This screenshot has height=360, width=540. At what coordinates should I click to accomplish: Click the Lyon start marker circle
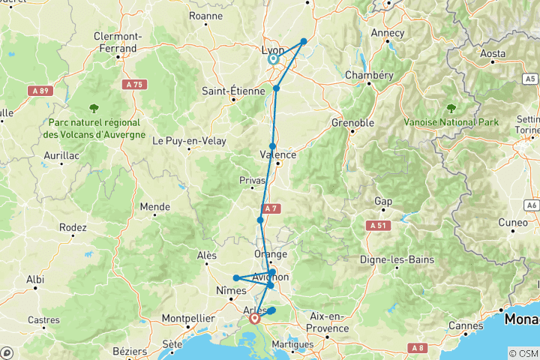click(273, 58)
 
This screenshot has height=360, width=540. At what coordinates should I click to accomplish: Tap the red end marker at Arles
click(256, 318)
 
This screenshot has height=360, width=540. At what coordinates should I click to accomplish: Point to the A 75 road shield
click(133, 85)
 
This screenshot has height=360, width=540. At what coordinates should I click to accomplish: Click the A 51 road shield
click(377, 225)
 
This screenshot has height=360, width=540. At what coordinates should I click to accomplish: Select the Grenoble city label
click(353, 123)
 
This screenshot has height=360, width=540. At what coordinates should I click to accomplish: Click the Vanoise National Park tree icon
click(451, 108)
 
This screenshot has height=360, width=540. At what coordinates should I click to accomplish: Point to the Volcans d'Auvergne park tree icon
click(93, 108)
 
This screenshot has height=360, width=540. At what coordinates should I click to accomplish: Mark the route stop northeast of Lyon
click(304, 42)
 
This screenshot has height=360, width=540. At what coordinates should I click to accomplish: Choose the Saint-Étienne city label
click(232, 91)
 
